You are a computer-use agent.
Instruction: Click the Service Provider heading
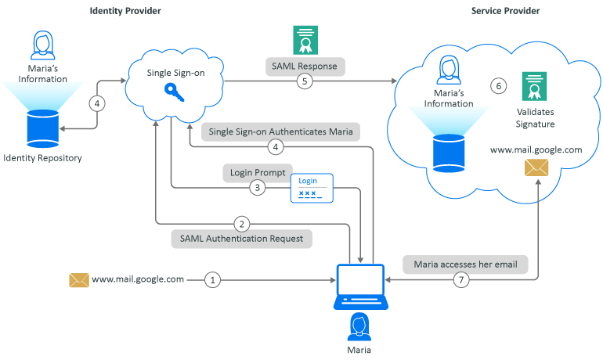(505, 11)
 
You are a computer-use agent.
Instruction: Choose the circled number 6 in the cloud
(497, 85)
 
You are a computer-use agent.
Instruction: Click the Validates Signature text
(536, 118)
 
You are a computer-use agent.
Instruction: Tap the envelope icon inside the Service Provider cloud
(536, 167)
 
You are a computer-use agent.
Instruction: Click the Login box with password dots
(312, 189)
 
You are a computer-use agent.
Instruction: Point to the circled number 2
(243, 222)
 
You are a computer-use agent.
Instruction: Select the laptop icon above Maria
(360, 286)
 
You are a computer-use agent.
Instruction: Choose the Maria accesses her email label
(466, 264)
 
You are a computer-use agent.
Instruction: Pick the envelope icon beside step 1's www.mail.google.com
(79, 279)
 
